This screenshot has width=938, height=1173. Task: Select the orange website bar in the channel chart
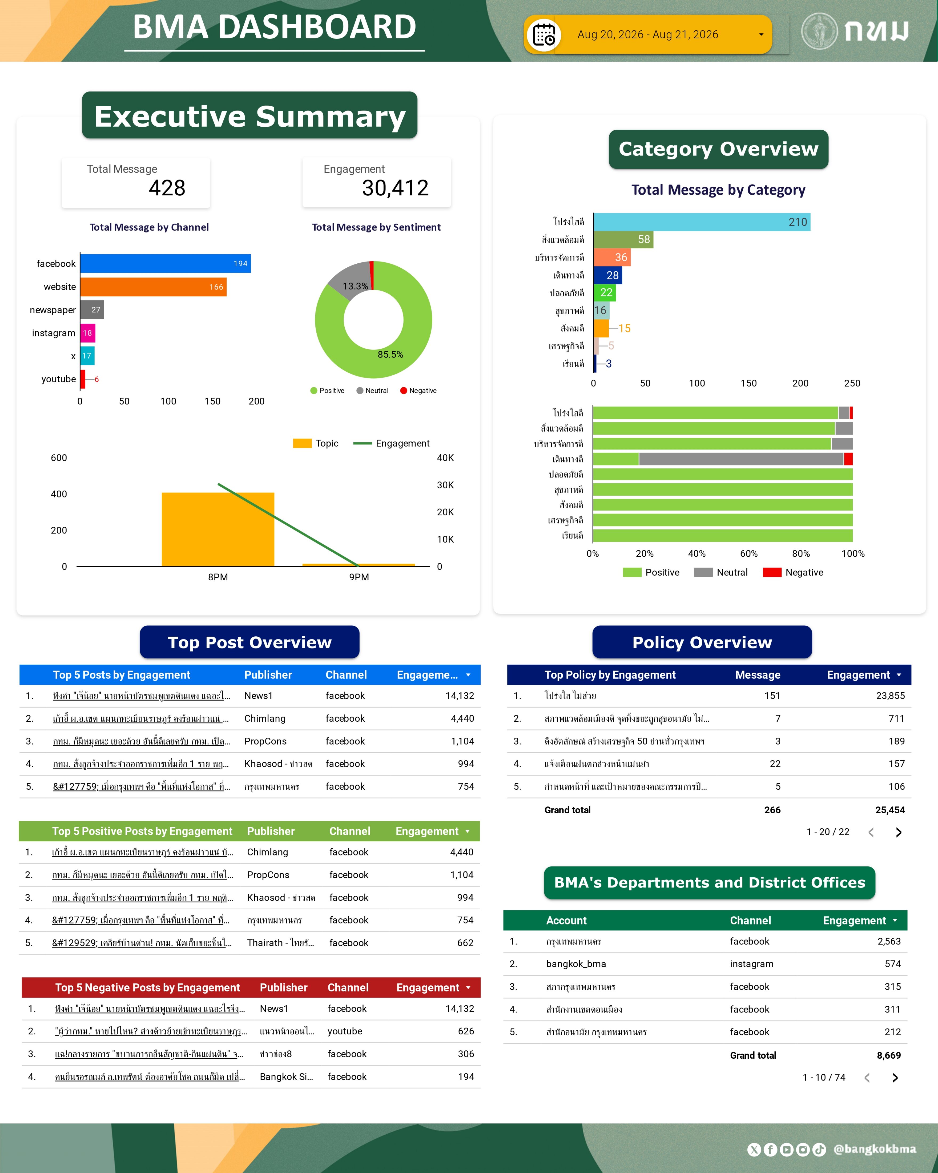[x=154, y=287]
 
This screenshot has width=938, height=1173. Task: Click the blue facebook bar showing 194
[x=166, y=263]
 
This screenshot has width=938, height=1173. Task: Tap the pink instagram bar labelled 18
[x=88, y=333]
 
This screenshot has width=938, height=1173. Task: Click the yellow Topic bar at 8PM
[x=218, y=529]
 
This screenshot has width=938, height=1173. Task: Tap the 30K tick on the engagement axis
[x=445, y=485]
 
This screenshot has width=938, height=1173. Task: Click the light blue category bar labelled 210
[x=702, y=222]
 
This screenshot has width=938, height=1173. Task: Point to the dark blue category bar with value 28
[x=608, y=275]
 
